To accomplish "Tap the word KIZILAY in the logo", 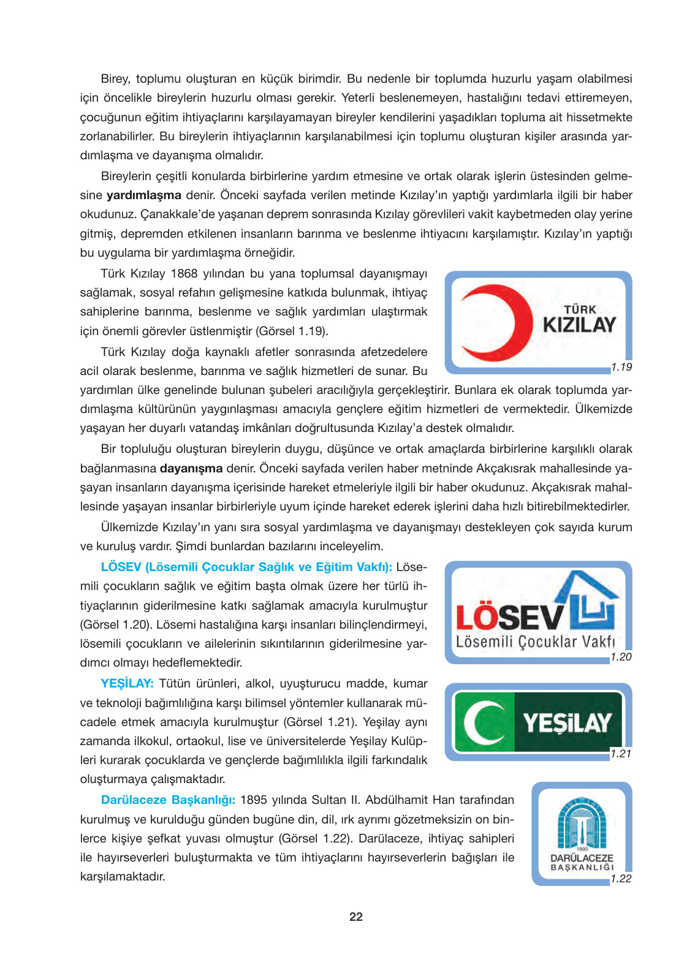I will (579, 325).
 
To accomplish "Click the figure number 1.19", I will (621, 367).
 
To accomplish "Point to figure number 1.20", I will (621, 657).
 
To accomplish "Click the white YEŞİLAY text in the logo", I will (567, 723).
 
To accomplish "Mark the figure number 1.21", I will (621, 754).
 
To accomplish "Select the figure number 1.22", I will (621, 879).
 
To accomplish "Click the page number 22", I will (356, 917).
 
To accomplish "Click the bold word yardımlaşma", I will (144, 195).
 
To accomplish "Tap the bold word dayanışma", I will (191, 469).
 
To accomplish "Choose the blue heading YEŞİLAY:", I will (127, 684).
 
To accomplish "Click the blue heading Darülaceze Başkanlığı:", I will (168, 800).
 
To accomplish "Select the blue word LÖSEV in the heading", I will (121, 567).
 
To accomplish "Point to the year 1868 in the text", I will (184, 274).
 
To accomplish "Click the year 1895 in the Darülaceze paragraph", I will (253, 800).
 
